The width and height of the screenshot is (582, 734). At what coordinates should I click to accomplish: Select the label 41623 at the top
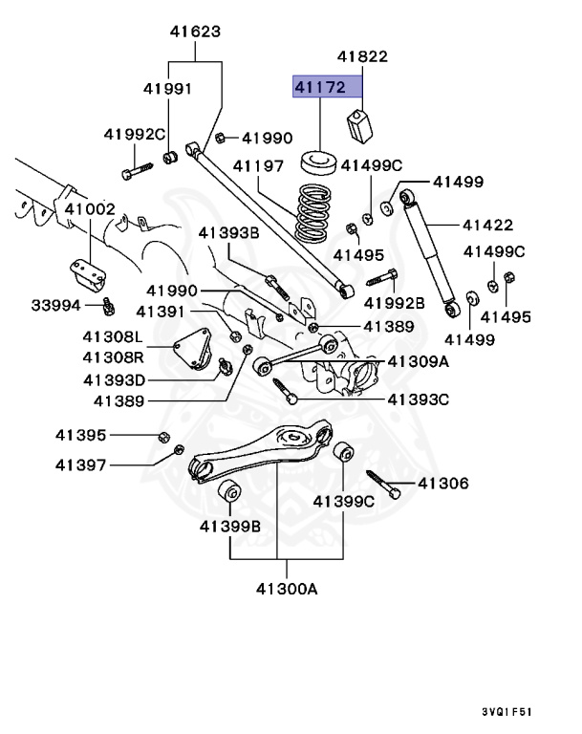tap(195, 32)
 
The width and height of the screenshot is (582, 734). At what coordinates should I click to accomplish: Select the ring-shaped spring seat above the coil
tap(322, 160)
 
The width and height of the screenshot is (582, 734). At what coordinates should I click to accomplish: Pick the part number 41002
tap(90, 208)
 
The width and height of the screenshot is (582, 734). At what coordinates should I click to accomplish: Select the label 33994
tap(56, 306)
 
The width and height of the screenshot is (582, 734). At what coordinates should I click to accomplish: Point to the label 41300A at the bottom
tap(278, 589)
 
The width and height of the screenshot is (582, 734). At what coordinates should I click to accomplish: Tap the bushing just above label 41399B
tap(230, 494)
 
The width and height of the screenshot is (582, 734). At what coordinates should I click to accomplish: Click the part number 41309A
tap(417, 361)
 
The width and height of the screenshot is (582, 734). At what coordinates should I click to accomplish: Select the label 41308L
tap(113, 338)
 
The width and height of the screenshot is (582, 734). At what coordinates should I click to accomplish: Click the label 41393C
tap(417, 399)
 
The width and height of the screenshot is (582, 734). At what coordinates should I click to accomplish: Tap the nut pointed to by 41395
tap(163, 437)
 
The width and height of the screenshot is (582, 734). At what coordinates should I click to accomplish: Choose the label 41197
tap(258, 166)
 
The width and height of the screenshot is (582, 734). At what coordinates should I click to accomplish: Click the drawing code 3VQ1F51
tap(508, 712)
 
